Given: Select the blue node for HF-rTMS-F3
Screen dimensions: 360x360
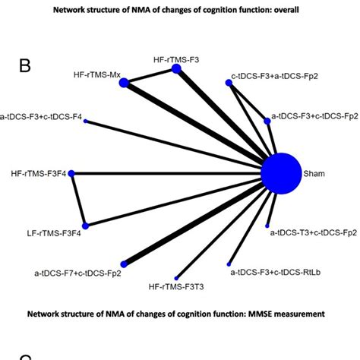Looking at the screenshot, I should coord(177,69).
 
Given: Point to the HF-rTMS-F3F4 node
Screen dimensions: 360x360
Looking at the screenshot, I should coord(72,174).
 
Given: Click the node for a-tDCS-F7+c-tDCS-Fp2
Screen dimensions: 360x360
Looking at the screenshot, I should coord(115,262).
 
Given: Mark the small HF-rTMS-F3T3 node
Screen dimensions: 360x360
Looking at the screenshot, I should coord(177,277).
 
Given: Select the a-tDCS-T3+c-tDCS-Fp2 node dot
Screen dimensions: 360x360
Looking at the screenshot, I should coord(268,225).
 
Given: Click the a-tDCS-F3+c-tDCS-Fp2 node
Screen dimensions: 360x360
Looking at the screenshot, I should coord(266,120).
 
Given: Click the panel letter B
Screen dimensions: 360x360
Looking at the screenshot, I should coord(25,66).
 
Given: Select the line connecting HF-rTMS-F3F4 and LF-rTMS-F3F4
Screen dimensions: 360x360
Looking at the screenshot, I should coord(79,200).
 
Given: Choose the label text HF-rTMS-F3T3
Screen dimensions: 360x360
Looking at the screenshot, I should coord(175,288).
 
